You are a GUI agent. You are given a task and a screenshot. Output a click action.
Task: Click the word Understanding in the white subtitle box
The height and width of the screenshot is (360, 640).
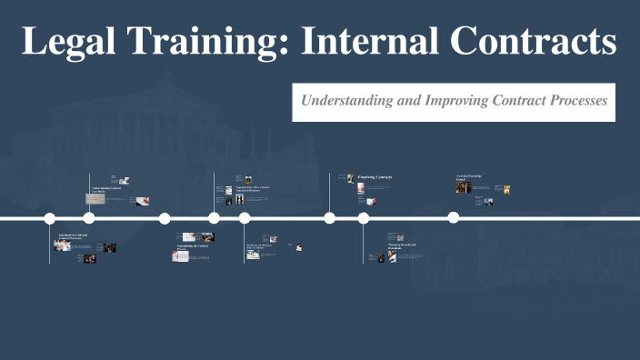(x=346, y=101)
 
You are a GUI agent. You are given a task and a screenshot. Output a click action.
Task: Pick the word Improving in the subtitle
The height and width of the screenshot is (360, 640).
(x=454, y=101)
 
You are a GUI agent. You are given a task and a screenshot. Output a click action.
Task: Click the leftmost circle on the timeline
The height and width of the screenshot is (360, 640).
(x=50, y=218)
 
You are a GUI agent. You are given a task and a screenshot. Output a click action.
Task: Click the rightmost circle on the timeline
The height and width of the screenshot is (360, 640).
(x=454, y=218)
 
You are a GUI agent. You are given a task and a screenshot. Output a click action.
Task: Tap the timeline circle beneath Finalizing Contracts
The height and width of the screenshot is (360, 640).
(x=330, y=218)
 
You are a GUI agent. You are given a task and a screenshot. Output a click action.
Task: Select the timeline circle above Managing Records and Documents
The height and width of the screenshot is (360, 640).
(x=364, y=218)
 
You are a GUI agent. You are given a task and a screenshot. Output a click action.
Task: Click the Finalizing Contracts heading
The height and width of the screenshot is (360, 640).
(x=375, y=175)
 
